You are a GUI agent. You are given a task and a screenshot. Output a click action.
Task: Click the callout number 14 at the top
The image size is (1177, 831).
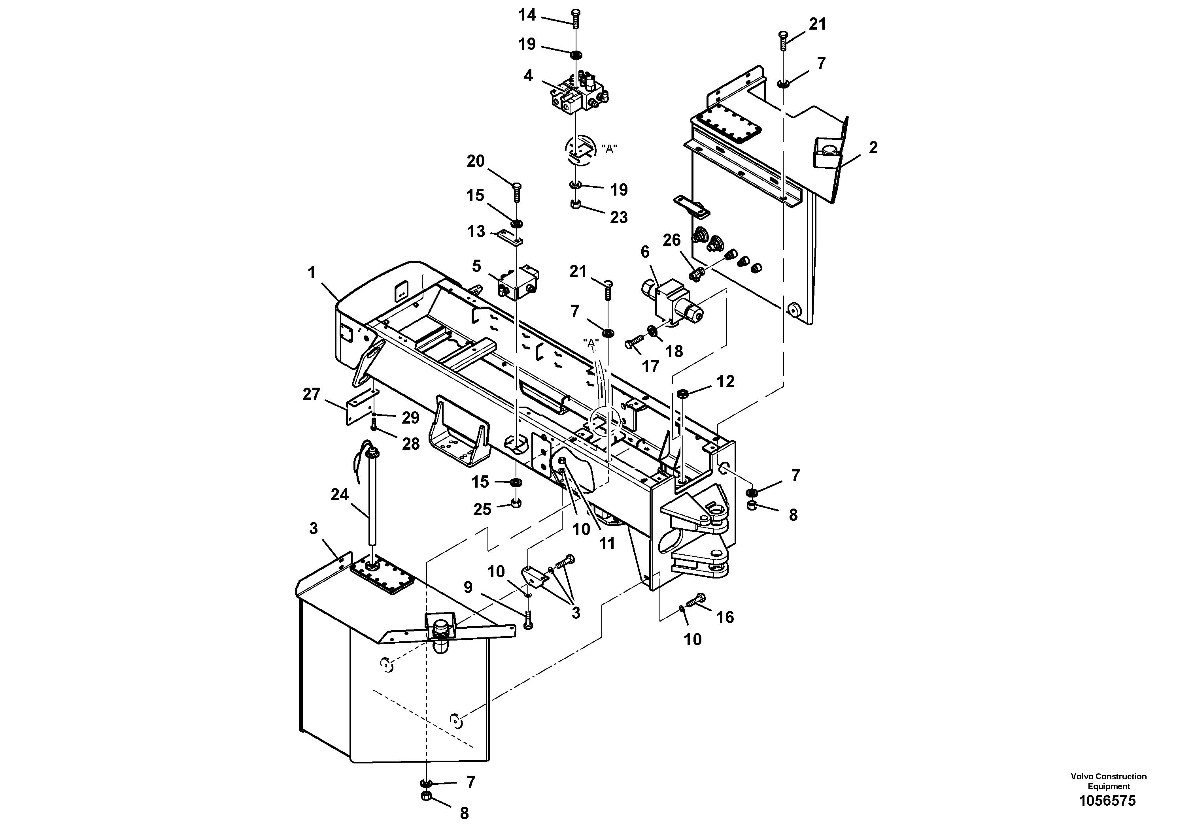tap(527, 15)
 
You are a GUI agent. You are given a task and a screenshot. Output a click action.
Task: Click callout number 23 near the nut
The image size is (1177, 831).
tap(619, 217)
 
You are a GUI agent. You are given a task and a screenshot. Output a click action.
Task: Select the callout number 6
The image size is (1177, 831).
tap(645, 252)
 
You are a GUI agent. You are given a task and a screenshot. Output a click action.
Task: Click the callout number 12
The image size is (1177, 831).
tap(725, 381)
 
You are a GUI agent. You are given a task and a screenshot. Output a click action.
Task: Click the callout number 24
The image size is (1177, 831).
tap(339, 494)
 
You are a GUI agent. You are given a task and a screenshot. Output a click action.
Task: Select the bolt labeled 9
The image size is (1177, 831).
tap(529, 621)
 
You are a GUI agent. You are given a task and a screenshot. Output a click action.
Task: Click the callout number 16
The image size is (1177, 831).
tap(725, 617)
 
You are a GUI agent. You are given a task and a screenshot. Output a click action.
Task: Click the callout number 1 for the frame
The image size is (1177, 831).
tap(312, 273)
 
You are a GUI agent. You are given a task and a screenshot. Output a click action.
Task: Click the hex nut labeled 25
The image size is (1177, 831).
tap(517, 503)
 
